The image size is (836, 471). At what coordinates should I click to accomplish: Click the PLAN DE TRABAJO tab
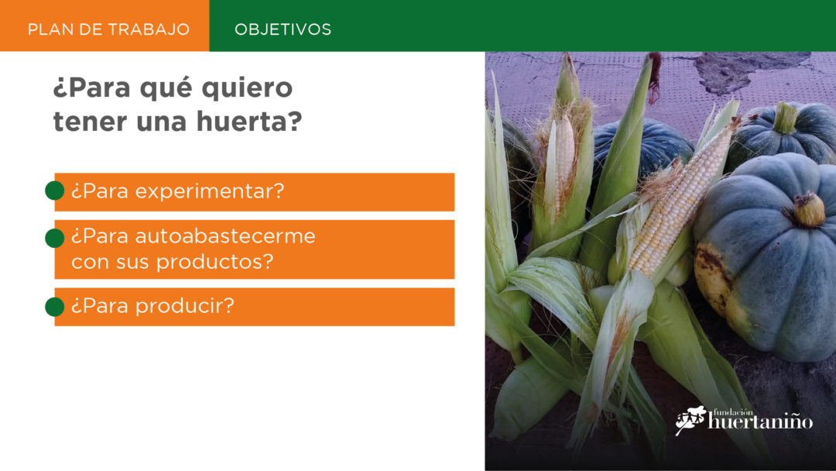104,26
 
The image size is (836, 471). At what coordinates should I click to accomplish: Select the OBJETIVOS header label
283,29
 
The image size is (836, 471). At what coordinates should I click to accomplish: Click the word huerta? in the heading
249,121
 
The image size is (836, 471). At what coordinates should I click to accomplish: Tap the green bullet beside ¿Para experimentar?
54,191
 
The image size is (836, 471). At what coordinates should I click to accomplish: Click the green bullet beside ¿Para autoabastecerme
54,238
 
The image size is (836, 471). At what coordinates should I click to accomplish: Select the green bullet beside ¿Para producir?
54,307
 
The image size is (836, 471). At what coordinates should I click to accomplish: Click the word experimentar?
210,191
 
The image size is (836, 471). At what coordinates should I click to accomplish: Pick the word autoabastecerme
225,235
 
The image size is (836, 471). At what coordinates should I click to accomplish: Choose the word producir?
184,306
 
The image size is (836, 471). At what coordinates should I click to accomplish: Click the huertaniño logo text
760,422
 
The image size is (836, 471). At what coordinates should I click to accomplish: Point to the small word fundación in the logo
733,412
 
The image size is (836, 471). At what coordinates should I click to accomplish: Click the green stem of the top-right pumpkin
786,118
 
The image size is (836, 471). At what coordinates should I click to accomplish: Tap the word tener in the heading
90,122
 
